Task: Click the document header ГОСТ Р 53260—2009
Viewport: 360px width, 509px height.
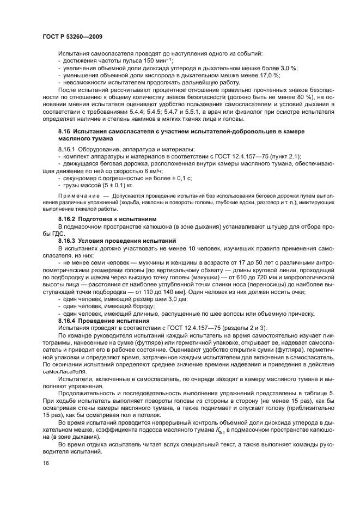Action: [x=72, y=36]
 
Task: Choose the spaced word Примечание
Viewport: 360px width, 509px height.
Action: [x=76, y=195]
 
